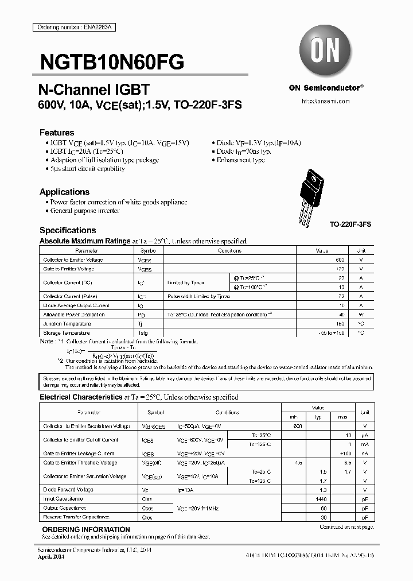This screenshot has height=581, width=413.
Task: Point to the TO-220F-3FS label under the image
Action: tap(350, 224)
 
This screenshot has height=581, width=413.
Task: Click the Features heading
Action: tap(57, 132)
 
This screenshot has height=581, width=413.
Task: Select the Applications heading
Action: tap(64, 192)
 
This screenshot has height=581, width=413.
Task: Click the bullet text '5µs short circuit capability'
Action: tap(87, 169)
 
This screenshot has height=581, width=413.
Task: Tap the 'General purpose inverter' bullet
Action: tap(85, 211)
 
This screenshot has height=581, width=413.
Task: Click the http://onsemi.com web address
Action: tap(325, 100)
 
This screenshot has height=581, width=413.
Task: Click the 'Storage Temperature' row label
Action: tap(67, 333)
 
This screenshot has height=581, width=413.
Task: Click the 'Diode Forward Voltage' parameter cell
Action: tap(68, 490)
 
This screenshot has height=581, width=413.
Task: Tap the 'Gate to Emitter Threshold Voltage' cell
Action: tap(80, 463)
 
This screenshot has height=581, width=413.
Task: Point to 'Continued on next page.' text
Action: tap(346, 526)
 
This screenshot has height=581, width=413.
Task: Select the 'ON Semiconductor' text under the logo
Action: tap(325, 88)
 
